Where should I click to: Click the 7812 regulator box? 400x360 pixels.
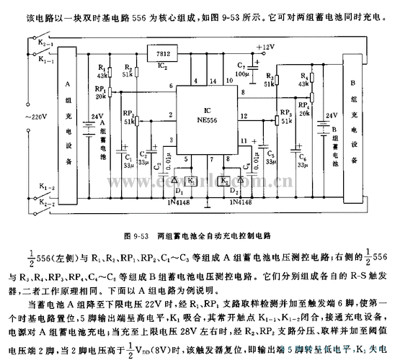click(x=162, y=52)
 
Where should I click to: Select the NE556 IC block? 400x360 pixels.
click(x=206, y=112)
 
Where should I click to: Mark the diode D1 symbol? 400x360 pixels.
click(x=174, y=180)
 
